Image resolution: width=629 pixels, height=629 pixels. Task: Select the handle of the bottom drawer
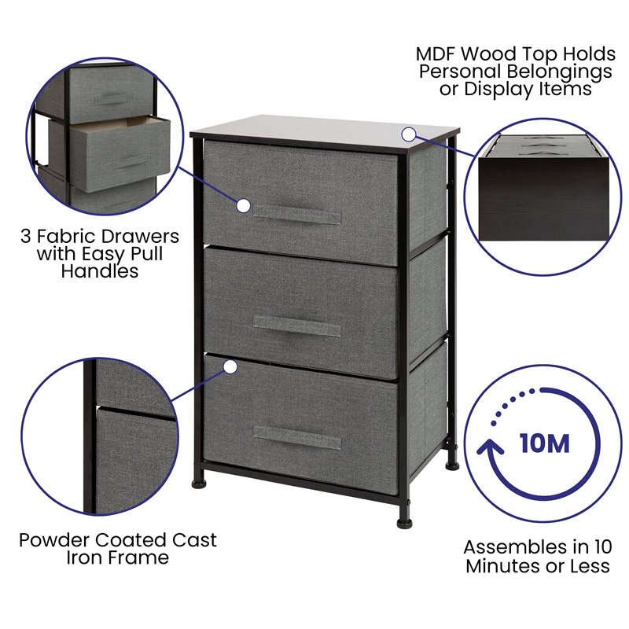click(297, 438)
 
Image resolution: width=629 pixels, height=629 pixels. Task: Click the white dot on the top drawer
click(243, 206)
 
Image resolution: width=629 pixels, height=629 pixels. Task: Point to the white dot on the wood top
click(408, 133)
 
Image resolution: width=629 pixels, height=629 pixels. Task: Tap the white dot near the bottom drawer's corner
click(230, 366)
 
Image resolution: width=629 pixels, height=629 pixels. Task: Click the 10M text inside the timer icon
click(544, 443)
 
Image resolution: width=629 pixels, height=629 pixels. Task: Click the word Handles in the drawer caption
click(100, 271)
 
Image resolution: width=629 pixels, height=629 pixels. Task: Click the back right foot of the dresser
click(451, 464)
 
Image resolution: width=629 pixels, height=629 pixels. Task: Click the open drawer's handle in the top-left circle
click(131, 166)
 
